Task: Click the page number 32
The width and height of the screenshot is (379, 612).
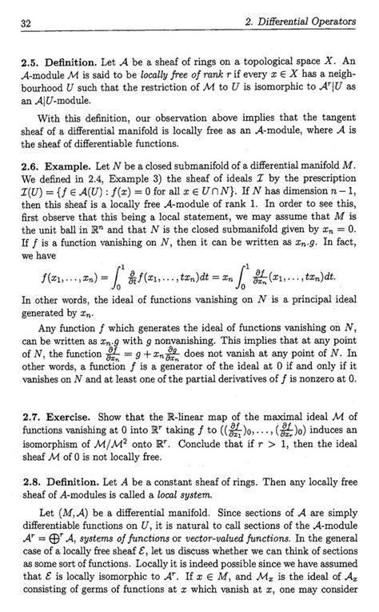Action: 28,27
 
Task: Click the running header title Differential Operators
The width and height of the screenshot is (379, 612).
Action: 305,26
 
